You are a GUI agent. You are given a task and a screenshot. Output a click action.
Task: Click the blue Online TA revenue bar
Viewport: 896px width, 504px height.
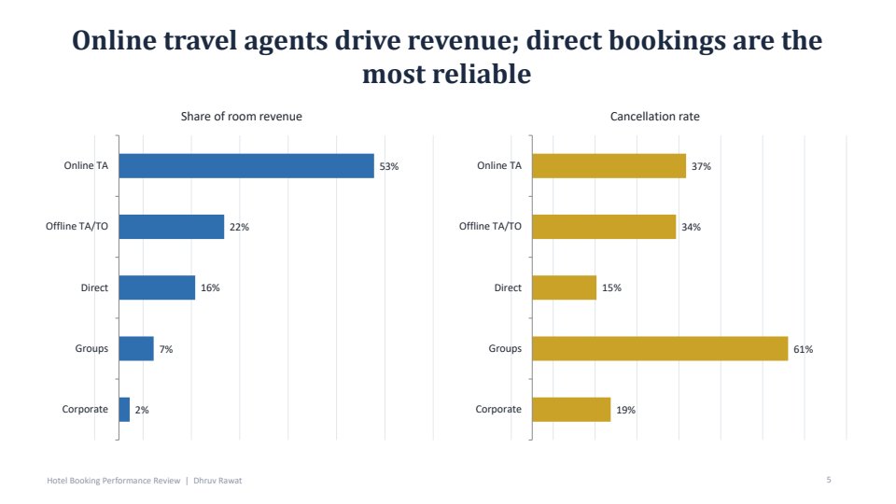point(246,166)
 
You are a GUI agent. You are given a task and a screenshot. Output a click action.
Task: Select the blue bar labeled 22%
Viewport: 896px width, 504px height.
point(172,227)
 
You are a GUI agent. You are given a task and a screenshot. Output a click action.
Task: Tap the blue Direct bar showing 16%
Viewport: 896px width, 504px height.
point(157,287)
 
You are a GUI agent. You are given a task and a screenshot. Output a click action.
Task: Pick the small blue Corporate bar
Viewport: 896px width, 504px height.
point(124,410)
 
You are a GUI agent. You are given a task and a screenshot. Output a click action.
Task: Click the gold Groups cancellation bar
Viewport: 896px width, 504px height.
point(660,348)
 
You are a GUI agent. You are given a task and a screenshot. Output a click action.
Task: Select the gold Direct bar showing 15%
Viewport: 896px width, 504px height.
point(564,287)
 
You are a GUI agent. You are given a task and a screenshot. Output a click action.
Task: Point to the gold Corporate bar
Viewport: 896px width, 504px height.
point(571,410)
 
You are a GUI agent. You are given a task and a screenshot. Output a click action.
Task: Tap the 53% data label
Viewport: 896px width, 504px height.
point(389,166)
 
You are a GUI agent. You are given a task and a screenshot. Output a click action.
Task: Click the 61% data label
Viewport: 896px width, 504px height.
point(803,349)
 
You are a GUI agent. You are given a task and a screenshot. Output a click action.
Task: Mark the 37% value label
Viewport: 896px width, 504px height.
point(701,166)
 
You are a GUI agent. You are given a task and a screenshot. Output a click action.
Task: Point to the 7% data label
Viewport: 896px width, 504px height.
point(166,349)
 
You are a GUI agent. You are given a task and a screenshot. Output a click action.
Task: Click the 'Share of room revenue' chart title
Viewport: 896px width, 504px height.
point(241,117)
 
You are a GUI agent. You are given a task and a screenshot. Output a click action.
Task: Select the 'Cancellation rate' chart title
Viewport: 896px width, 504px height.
point(655,117)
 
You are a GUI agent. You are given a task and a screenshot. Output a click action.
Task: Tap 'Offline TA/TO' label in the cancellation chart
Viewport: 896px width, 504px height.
point(490,226)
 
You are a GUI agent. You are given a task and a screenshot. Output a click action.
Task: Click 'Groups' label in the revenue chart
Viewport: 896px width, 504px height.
point(91,348)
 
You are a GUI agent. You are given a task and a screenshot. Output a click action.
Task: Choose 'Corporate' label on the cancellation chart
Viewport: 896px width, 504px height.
point(498,409)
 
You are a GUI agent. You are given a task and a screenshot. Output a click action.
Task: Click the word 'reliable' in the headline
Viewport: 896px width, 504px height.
point(482,75)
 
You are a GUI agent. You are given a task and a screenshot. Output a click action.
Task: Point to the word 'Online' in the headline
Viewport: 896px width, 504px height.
point(114,40)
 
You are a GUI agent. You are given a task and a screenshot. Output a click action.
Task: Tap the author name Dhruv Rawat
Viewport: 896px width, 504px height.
point(217,481)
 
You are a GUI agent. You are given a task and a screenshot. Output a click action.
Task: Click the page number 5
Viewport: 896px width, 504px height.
point(829,480)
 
